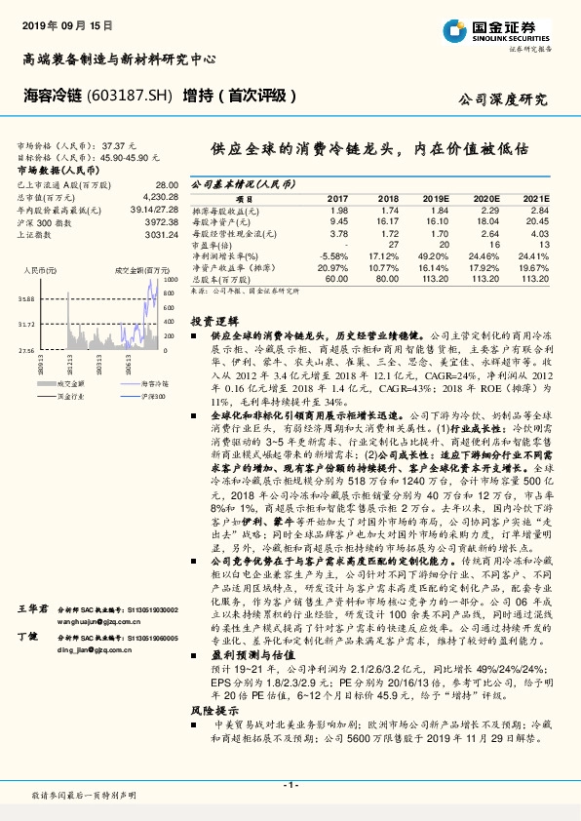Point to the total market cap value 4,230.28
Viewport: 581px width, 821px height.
160,196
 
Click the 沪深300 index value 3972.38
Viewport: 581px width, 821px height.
160,221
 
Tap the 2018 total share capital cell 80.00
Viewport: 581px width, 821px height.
388,278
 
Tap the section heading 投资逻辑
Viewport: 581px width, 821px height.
213,320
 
